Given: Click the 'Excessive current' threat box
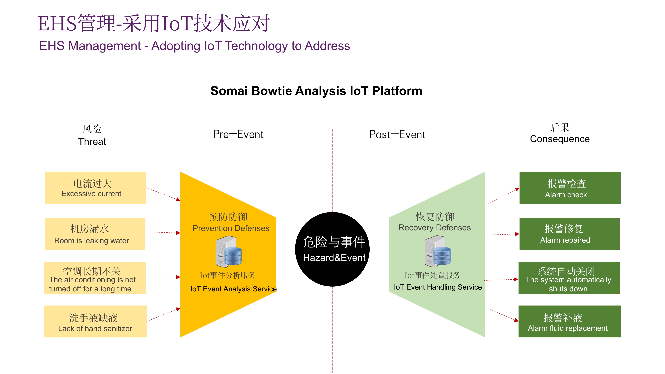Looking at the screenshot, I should click(96, 188).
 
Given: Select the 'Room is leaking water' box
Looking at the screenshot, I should click(95, 234).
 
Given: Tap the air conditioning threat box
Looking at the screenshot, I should click(95, 278).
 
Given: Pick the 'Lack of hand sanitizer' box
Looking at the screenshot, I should click(95, 321).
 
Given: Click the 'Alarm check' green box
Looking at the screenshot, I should click(570, 188).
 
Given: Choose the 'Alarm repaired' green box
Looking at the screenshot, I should click(569, 234).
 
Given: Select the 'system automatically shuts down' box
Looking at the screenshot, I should click(569, 278).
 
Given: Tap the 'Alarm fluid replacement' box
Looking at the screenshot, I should click(569, 321).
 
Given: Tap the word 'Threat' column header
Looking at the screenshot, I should click(92, 141).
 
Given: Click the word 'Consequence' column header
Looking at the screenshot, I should click(560, 139).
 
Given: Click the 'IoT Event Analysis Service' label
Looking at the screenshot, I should click(233, 289).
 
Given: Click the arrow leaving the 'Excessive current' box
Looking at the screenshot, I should click(163, 194).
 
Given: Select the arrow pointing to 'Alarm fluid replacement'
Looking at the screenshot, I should click(502, 314).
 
